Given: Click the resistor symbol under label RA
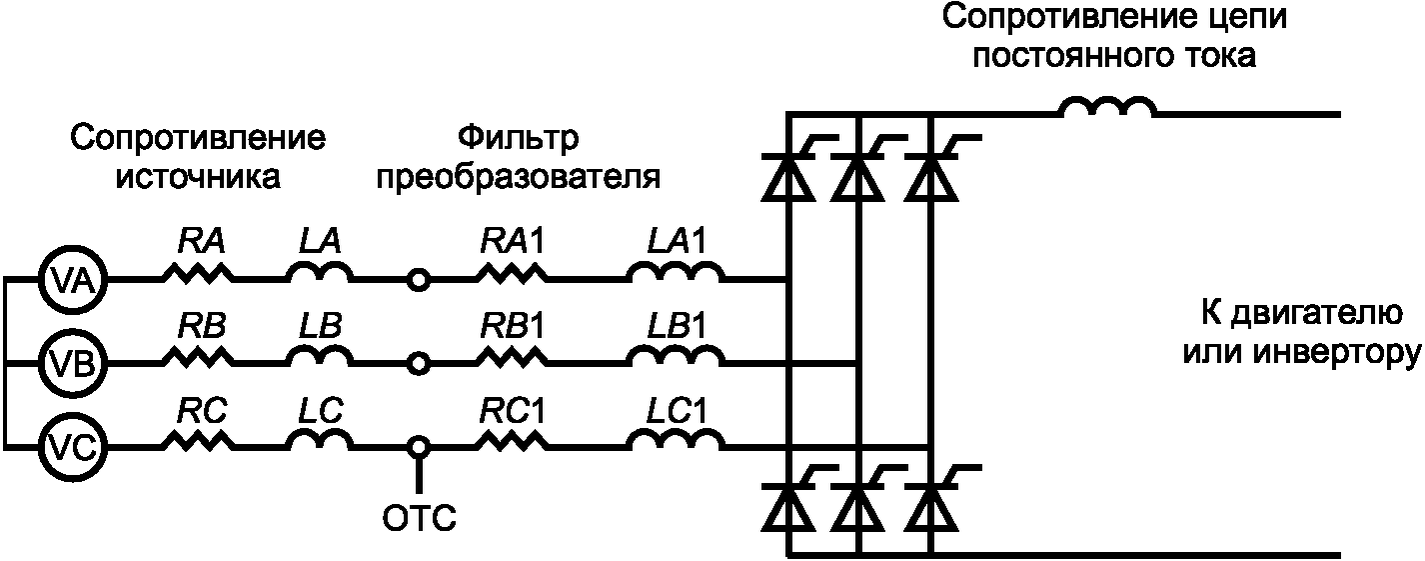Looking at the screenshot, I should [197, 272].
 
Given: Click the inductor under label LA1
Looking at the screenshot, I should [677, 271].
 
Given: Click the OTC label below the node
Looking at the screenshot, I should [420, 519].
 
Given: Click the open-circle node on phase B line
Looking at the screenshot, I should [420, 363].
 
